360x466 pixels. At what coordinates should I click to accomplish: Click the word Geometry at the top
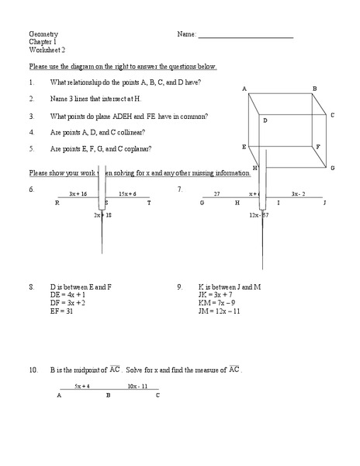[x=43, y=35]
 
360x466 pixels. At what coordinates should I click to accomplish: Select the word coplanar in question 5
[x=137, y=148]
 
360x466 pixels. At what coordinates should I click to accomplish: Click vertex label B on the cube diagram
[x=314, y=89]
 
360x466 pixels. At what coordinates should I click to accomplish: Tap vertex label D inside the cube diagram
[x=265, y=120]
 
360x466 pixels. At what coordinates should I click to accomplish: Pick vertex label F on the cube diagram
[x=318, y=146]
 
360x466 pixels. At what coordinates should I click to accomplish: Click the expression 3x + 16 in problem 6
[x=78, y=193]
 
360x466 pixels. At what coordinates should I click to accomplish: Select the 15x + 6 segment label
[x=127, y=193]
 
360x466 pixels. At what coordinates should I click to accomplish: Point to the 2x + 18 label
[x=103, y=214]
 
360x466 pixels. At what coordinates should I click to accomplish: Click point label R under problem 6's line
[x=57, y=203]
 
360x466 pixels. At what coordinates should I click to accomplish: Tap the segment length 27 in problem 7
[x=217, y=193]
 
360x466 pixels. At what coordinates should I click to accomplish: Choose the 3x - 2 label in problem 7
[x=299, y=193]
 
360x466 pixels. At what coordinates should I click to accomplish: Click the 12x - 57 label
[x=260, y=214]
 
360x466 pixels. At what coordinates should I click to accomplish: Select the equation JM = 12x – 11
[x=220, y=311]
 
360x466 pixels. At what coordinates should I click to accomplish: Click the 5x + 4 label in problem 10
[x=82, y=385]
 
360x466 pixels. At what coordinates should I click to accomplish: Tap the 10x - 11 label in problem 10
[x=138, y=385]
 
